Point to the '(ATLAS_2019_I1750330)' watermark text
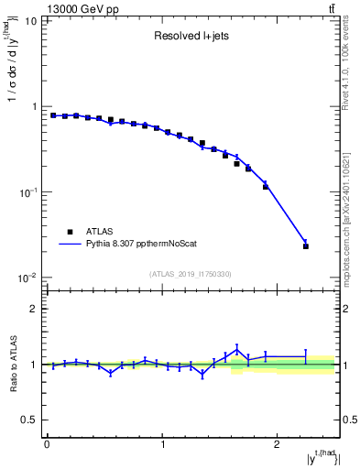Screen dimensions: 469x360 pyautogui.click(x=191, y=274)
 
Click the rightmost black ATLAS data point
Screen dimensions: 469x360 pyautogui.click(x=306, y=246)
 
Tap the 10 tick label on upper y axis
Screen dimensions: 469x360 pyautogui.click(x=29, y=20)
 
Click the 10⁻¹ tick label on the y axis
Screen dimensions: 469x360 pyautogui.click(x=27, y=192)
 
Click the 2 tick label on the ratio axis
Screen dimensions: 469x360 pyautogui.click(x=33, y=309)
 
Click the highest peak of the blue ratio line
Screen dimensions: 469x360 pyautogui.click(x=237, y=348)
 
